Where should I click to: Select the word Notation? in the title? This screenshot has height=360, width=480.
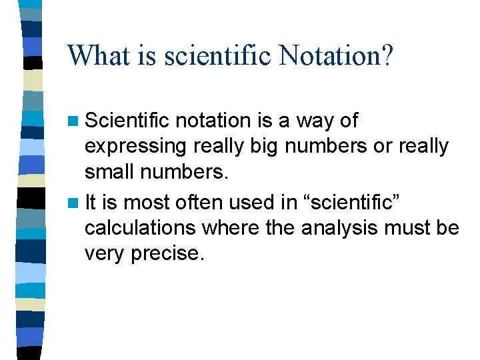pos(337,55)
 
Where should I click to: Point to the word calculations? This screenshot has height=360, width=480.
pos(141,228)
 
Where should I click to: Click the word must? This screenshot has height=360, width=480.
pos(412,228)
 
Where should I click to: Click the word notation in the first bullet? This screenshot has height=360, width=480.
pos(213,121)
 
